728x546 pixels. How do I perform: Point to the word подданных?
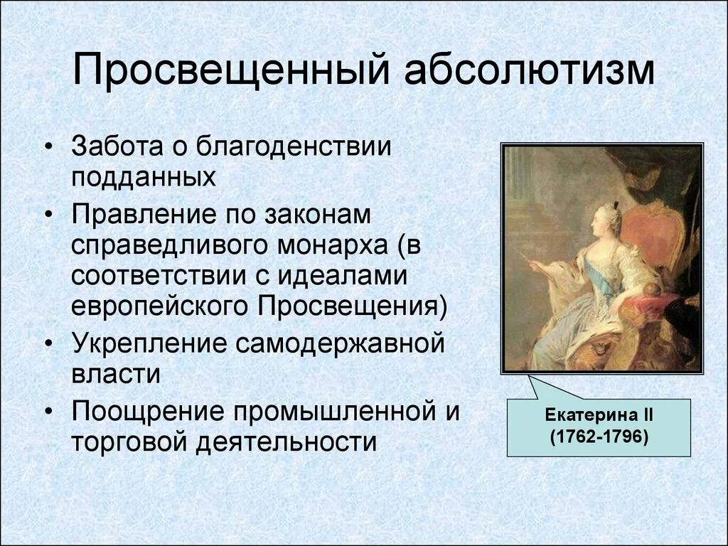coord(143,176)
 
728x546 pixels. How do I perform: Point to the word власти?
coord(115,373)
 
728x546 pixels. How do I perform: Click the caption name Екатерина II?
coord(598,414)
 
